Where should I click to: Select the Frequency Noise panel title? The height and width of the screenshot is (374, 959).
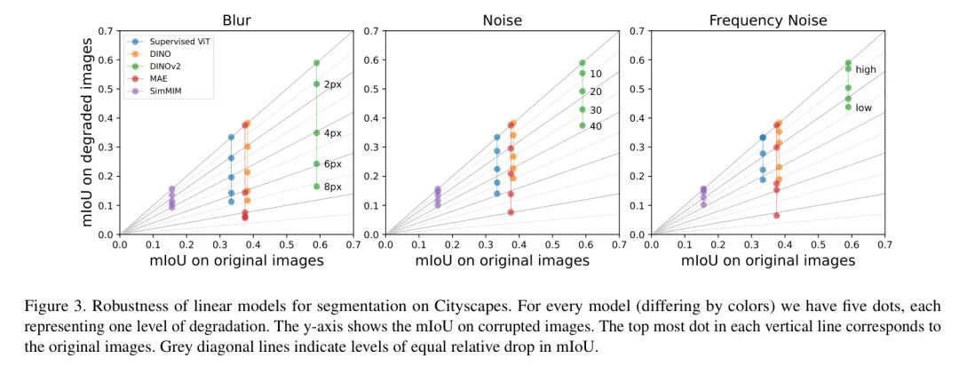[x=768, y=20]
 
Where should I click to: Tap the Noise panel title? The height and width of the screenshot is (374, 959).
[x=502, y=20]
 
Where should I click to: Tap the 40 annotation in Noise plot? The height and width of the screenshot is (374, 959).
[x=596, y=125]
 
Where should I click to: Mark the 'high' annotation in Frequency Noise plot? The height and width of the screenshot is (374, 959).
[x=866, y=69]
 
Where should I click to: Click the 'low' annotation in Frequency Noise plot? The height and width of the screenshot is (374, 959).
[x=864, y=107]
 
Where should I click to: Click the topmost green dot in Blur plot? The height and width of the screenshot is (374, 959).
[x=316, y=63]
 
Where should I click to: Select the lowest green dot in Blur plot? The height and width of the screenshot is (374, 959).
[x=316, y=187]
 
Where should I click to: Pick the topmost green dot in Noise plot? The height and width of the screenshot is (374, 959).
[x=583, y=63]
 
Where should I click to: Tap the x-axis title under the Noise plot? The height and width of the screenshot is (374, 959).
[x=502, y=260]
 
